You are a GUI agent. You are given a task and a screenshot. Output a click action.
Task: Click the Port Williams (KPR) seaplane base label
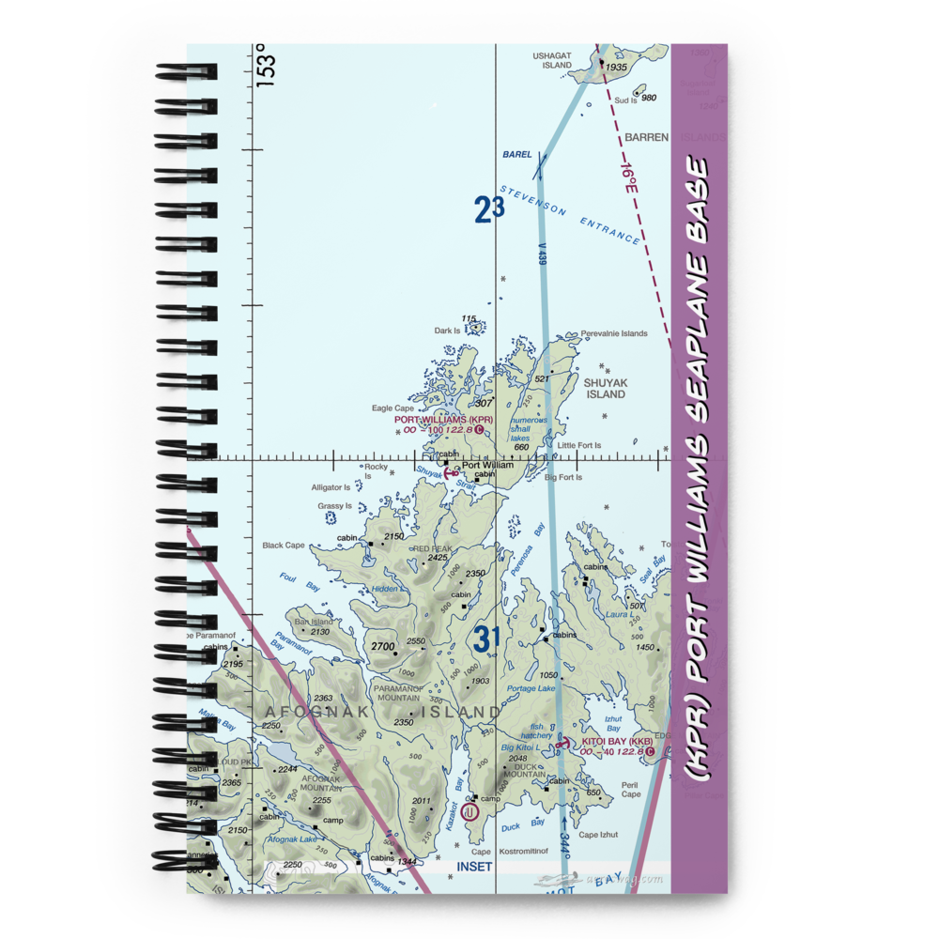[443, 420]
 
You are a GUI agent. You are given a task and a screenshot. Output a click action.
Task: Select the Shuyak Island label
[606, 389]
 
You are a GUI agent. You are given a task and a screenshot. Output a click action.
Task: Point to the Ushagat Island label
[552, 60]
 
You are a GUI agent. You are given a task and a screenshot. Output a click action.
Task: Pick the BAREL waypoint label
[516, 154]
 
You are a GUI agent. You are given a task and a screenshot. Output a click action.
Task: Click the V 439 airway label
[544, 254]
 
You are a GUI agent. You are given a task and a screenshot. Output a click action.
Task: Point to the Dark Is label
[448, 331]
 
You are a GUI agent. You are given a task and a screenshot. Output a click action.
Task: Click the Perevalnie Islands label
[614, 333]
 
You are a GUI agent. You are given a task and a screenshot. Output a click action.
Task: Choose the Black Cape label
[284, 546]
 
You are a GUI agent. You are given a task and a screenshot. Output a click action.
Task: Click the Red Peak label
[433, 548]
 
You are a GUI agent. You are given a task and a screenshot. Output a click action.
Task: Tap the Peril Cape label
[630, 789]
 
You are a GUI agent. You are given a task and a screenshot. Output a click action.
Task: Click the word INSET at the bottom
[474, 866]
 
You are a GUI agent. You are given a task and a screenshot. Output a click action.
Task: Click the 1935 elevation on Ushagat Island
[616, 68]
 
